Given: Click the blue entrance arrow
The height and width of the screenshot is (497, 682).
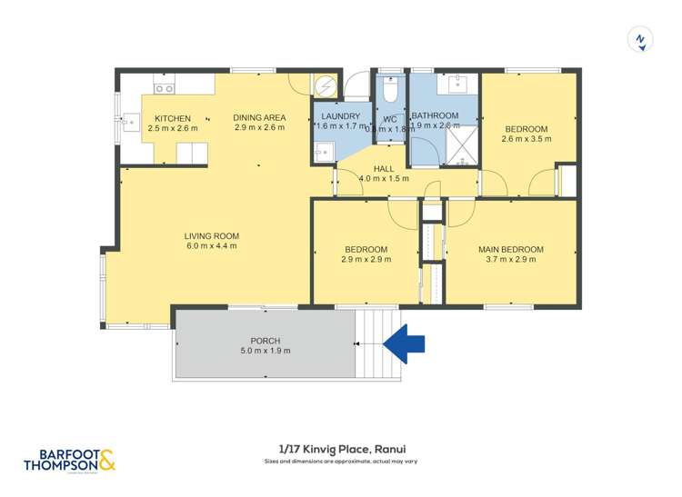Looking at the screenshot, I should (x=405, y=343).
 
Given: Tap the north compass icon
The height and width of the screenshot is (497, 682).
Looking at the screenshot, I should (x=641, y=40).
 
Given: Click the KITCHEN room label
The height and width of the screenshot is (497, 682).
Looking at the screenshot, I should (x=172, y=118).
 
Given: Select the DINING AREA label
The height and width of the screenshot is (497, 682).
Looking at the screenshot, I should (x=259, y=117).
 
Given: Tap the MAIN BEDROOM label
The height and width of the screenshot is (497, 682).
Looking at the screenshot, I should (x=510, y=249).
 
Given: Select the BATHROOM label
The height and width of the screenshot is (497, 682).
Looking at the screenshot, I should (x=435, y=116).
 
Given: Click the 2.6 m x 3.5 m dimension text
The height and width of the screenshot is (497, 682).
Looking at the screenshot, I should (x=526, y=139).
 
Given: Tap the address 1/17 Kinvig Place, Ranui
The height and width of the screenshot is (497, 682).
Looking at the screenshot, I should (x=340, y=449).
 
